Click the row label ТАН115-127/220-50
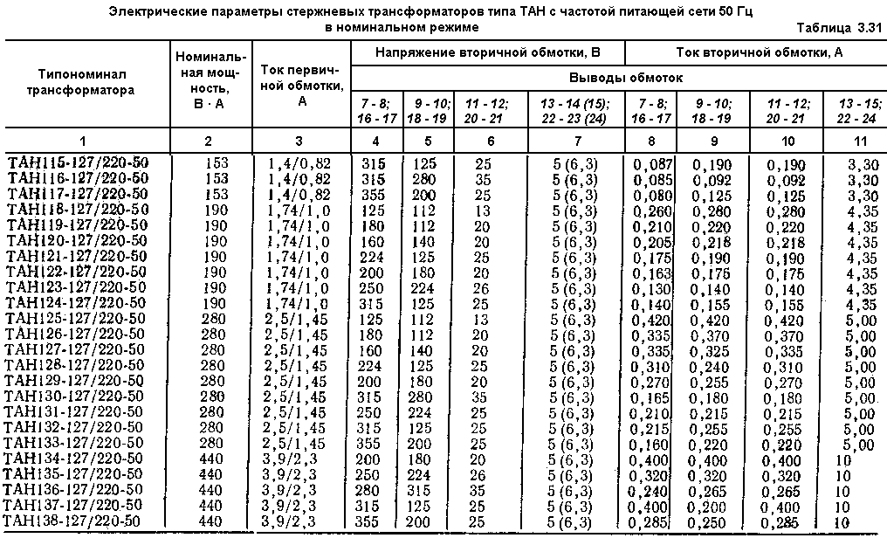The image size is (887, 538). tap(77, 162)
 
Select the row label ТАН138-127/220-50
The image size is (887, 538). tap(78, 521)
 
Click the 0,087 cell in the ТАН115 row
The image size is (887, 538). tap(653, 162)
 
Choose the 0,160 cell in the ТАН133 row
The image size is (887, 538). tap(653, 443)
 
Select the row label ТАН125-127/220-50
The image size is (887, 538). tap(78, 318)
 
